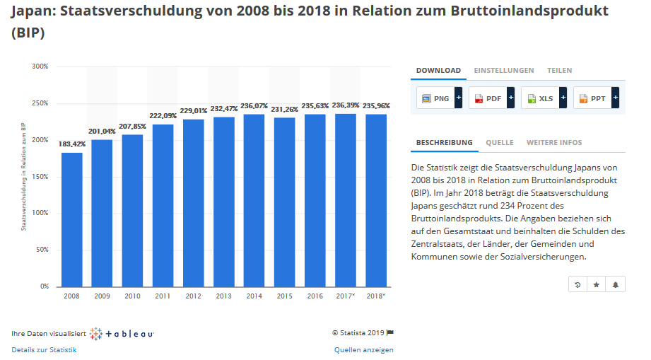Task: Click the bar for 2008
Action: point(71,219)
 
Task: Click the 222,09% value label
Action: point(163,116)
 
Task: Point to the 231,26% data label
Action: point(284,110)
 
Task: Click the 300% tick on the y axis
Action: point(40,66)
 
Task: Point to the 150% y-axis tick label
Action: point(40,176)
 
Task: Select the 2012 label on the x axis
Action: point(193,296)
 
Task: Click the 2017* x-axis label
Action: point(345,296)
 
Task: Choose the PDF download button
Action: point(488,98)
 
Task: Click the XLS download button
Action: point(541,98)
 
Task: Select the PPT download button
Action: point(592,98)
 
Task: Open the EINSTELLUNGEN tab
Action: point(503,71)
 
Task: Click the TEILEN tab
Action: point(559,71)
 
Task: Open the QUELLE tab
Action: point(499,143)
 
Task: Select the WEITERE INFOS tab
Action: point(554,143)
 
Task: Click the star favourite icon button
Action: point(597,284)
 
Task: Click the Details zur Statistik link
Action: point(44,350)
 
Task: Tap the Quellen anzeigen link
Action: point(363,350)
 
